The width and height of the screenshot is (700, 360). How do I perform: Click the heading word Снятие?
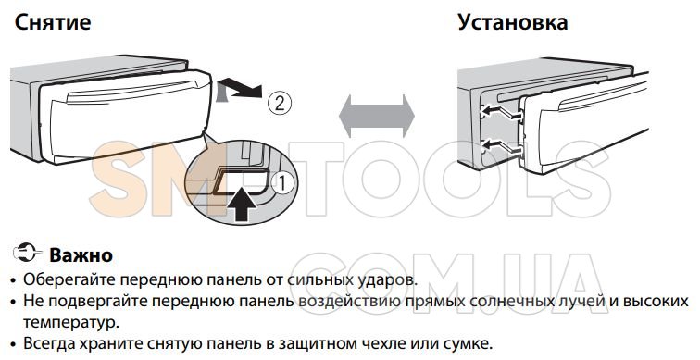click(53, 22)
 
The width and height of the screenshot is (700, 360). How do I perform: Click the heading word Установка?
click(513, 22)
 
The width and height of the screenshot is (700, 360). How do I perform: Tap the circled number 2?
click(279, 104)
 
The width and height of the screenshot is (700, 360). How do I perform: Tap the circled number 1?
click(284, 183)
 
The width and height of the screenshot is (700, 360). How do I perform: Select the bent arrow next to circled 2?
click(239, 89)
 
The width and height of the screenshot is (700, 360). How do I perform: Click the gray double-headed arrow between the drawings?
click(376, 117)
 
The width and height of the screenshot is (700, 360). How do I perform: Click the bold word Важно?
click(81, 255)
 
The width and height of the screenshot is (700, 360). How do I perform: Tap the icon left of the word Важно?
click(28, 253)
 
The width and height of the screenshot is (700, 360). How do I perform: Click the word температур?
click(70, 323)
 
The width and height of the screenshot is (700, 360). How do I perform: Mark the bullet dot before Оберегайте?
click(14, 281)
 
